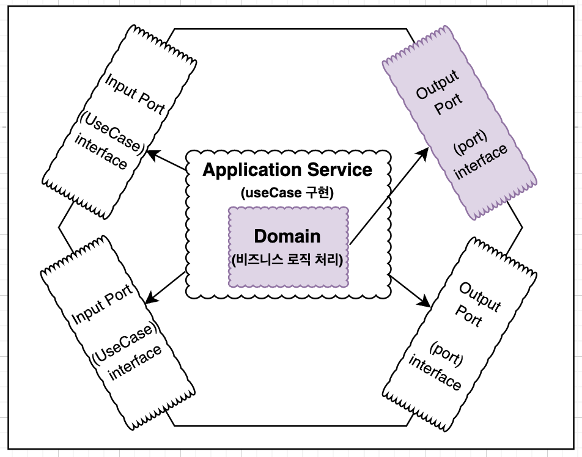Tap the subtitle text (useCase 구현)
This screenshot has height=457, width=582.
[287, 193]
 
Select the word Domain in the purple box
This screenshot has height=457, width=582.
[287, 236]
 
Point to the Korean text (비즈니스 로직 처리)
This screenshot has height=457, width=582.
[287, 258]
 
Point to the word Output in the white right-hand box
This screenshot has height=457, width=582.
[480, 297]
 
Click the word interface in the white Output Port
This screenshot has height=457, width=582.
[435, 373]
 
